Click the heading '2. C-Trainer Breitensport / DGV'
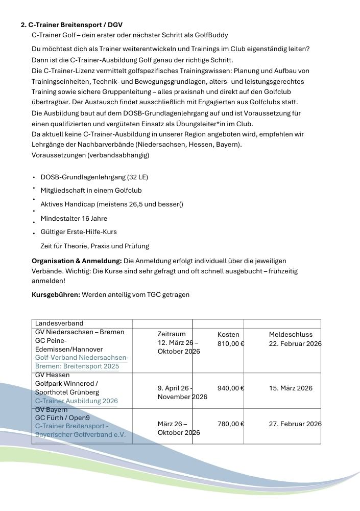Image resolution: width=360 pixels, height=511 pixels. pyautogui.click(x=71, y=25)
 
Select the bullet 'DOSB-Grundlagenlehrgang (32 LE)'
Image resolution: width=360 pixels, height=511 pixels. pyautogui.click(x=94, y=177)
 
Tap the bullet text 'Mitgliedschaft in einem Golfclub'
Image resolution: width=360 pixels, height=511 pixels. pyautogui.click(x=91, y=191)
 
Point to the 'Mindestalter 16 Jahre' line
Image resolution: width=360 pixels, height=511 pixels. pyautogui.click(x=74, y=219)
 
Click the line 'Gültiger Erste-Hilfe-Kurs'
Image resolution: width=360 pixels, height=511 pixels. pyautogui.click(x=79, y=232)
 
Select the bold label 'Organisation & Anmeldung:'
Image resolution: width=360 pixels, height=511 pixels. pyautogui.click(x=77, y=261)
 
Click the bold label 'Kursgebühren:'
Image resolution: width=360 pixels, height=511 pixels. pyautogui.click(x=56, y=295)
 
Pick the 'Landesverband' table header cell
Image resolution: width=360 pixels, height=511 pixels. pyautogui.click(x=59, y=323)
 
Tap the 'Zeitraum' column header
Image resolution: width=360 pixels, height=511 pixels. pyautogui.click(x=172, y=334)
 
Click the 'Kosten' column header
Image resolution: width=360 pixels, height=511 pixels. pyautogui.click(x=228, y=334)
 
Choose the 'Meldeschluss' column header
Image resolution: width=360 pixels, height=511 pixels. pyautogui.click(x=291, y=334)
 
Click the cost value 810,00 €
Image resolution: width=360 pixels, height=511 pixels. pyautogui.click(x=231, y=343)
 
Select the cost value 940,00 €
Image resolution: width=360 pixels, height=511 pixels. pyautogui.click(x=231, y=388)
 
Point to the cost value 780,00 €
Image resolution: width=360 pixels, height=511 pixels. pyautogui.click(x=231, y=424)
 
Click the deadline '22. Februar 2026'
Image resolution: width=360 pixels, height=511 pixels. pyautogui.click(x=295, y=343)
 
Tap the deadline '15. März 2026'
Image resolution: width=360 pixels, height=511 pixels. pyautogui.click(x=291, y=388)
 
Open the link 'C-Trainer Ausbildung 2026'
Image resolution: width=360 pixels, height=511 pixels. pyautogui.click(x=76, y=401)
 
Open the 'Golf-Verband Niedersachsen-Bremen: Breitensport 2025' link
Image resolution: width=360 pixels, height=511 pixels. pyautogui.click(x=82, y=362)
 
